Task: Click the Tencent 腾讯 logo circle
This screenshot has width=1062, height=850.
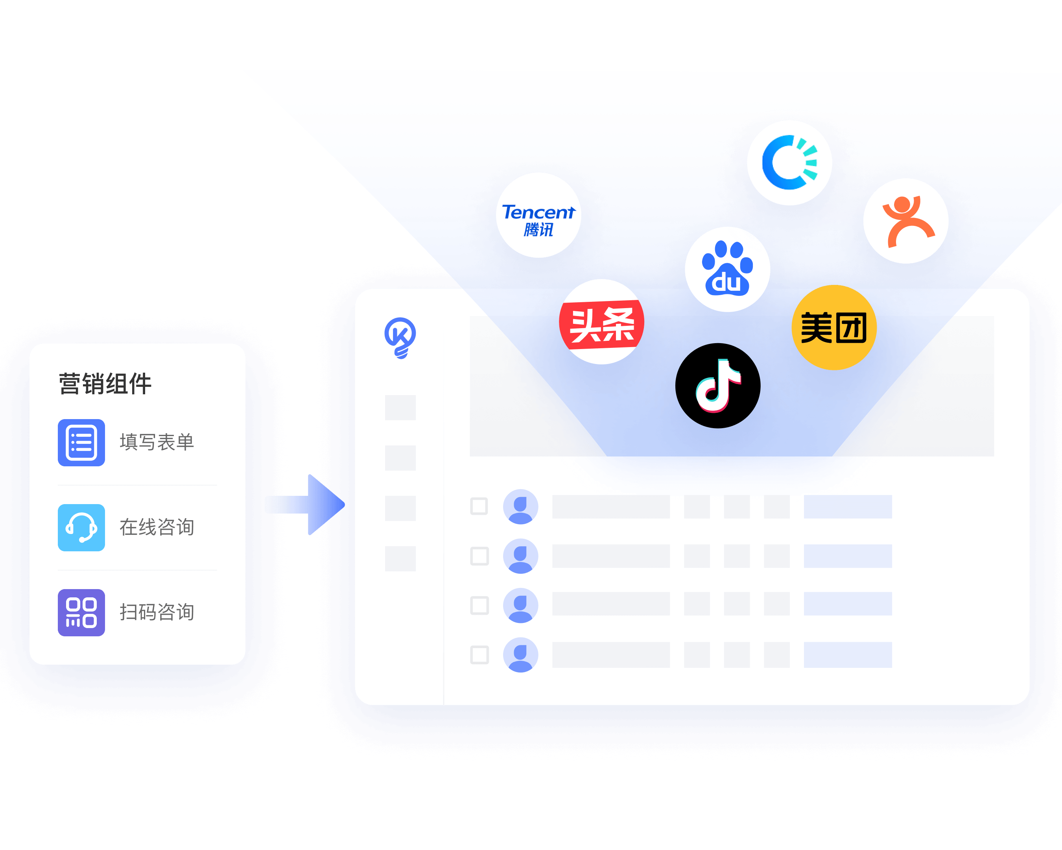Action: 538,215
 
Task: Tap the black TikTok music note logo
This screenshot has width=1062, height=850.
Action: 718,386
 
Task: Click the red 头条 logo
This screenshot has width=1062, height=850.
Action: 601,322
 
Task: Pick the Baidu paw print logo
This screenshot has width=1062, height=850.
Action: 727,269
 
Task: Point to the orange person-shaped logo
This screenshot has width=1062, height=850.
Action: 906,221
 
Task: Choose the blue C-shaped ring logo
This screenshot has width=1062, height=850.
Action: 789,163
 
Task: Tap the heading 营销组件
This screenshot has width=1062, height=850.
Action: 105,384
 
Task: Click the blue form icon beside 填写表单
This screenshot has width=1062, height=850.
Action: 81,442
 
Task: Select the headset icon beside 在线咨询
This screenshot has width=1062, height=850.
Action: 81,527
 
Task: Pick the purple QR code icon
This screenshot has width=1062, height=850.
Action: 81,612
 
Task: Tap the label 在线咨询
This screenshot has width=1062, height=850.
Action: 157,527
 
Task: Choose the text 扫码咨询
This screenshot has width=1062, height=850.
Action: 157,612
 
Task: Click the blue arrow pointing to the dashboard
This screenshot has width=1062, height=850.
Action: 305,504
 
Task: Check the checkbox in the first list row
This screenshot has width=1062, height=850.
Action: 479,506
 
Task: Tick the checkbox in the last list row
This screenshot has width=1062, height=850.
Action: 479,655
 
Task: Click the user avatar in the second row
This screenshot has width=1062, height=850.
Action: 520,556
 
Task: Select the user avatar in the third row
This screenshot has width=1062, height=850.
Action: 520,606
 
